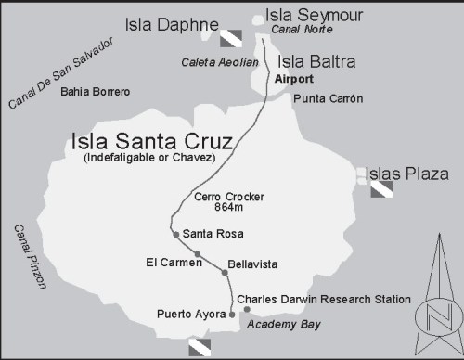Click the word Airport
tap(294, 80)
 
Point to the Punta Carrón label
tap(328, 98)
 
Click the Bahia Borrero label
tap(95, 92)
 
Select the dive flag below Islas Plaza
tap(382, 190)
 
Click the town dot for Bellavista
tap(224, 273)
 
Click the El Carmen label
tap(174, 263)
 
